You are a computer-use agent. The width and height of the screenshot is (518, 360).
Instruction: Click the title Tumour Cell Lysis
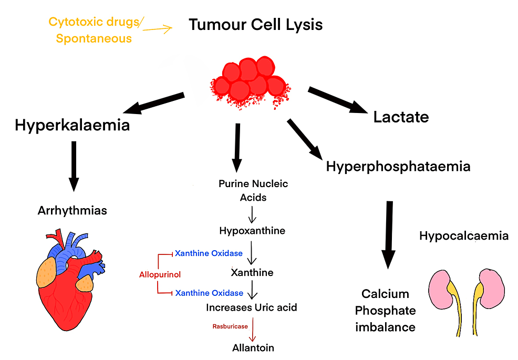[255, 25]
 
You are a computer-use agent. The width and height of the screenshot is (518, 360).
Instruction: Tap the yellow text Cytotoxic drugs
[93, 22]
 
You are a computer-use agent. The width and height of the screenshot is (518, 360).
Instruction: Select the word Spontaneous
[94, 38]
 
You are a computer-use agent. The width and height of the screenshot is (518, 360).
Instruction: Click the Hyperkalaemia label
[72, 126]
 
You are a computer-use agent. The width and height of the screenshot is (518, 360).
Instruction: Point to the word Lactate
[401, 117]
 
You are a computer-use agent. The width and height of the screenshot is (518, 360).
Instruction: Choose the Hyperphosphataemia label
[398, 167]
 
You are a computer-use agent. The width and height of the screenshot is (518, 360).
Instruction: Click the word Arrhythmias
[72, 211]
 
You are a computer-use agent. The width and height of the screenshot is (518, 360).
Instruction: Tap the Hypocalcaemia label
[464, 236]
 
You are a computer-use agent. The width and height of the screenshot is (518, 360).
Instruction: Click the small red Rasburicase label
[230, 326]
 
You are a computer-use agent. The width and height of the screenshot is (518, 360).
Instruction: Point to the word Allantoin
[253, 347]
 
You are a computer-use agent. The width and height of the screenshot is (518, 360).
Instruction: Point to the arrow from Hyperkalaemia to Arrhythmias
[74, 165]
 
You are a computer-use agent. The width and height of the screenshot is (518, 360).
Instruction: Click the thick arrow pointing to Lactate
[337, 99]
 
